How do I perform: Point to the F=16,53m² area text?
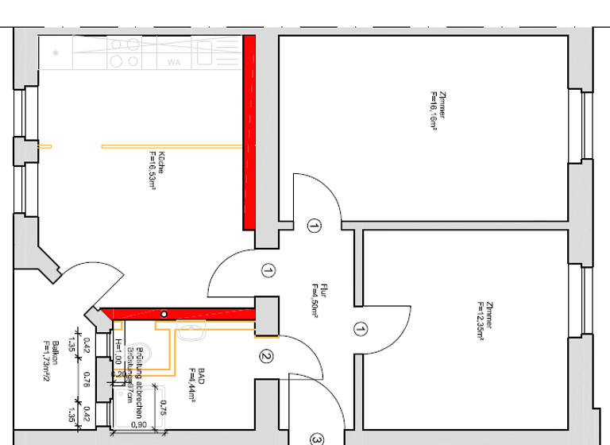click(150, 169)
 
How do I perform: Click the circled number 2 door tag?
click(267, 358)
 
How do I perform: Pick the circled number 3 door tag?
click(316, 439)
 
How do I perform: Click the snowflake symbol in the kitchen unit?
click(56, 52)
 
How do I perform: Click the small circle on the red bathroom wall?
click(164, 314)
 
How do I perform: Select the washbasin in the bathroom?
click(192, 332)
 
